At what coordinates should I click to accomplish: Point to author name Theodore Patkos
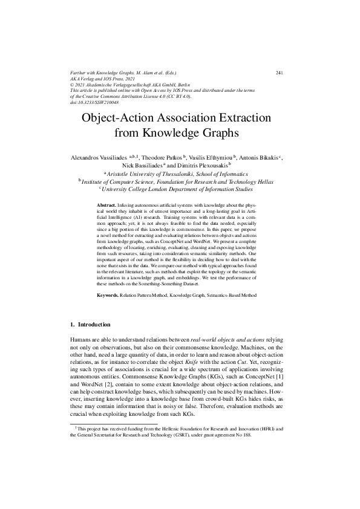click(x=163, y=157)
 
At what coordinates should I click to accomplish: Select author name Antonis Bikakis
click(x=258, y=157)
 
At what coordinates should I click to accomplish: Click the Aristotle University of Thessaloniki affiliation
click(x=180, y=173)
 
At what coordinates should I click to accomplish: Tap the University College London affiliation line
click(x=180, y=188)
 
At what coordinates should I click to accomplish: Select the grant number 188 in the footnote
click(x=246, y=434)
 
